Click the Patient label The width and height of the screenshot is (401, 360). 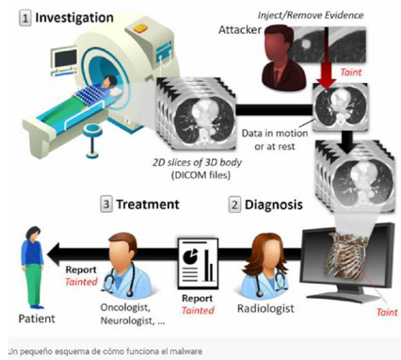pos(34,307)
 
